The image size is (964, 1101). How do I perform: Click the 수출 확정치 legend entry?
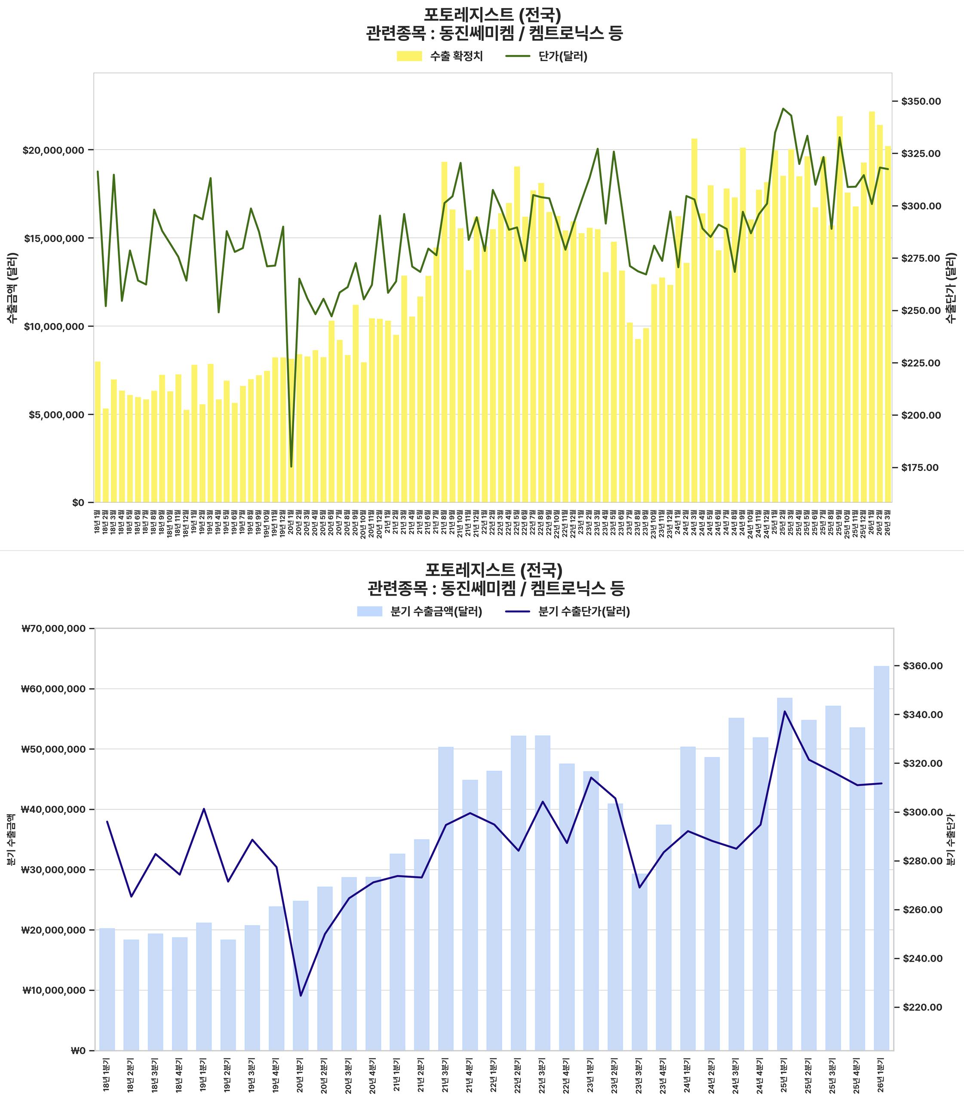click(439, 56)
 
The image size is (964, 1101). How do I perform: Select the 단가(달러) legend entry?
click(546, 56)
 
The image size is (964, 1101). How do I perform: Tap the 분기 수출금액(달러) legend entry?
click(420, 611)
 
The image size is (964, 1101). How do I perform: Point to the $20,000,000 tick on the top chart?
click(53, 150)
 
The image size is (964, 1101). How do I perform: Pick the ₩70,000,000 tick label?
click(53, 628)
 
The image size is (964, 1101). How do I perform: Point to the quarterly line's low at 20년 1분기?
click(301, 996)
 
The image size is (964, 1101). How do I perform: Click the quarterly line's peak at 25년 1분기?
click(785, 711)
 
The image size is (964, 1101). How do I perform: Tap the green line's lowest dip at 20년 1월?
click(291, 467)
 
